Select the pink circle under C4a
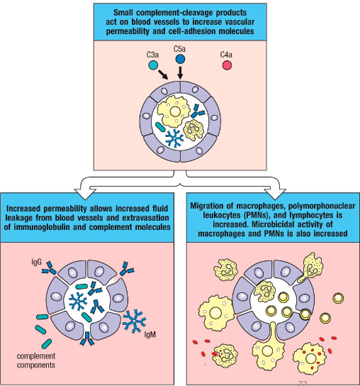(227, 65)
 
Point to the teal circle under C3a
(154, 65)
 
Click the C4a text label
(227, 54)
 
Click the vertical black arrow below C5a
(180, 73)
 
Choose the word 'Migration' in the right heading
(211, 206)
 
